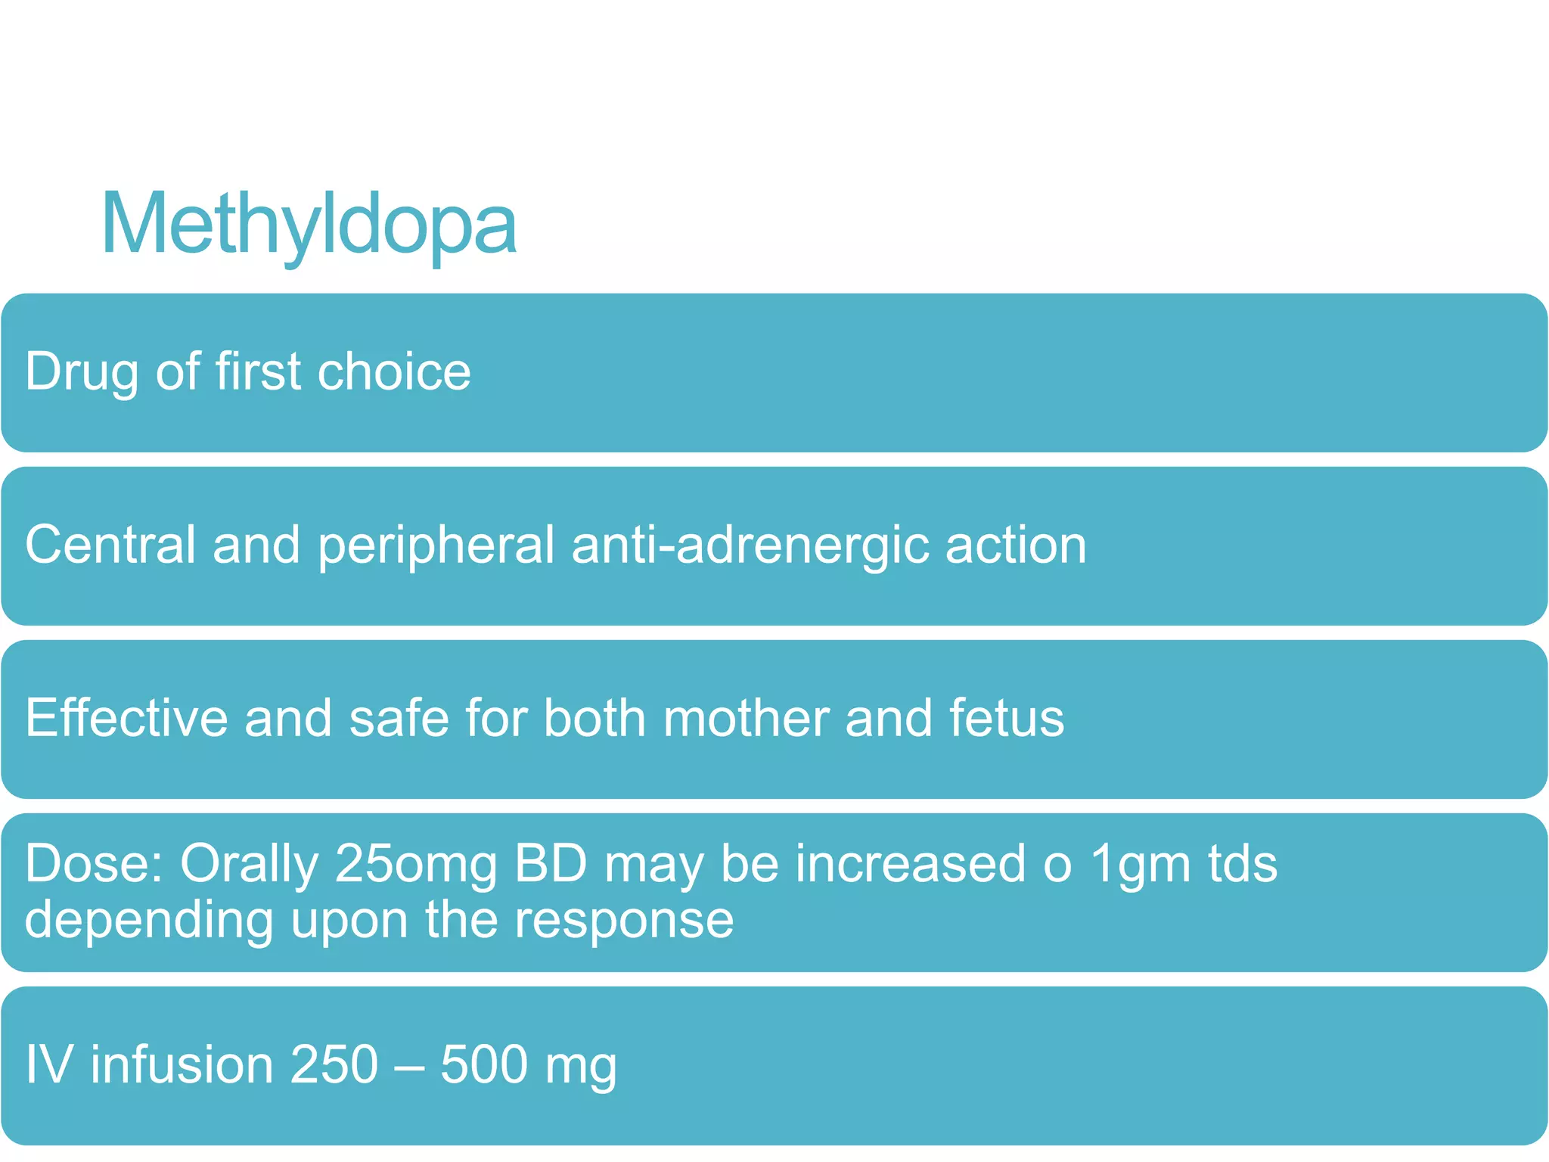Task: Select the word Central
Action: [x=110, y=545]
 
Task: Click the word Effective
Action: [x=126, y=718]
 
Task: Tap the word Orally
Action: [x=249, y=863]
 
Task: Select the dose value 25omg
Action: [x=415, y=863]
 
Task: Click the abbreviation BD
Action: [x=551, y=863]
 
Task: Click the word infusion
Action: [x=182, y=1065]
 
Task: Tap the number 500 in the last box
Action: [x=483, y=1065]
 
